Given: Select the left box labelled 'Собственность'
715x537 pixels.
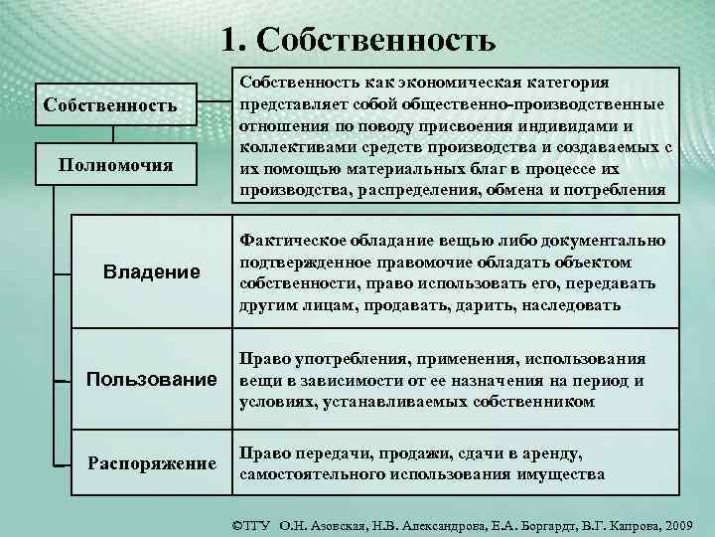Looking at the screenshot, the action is (x=107, y=104).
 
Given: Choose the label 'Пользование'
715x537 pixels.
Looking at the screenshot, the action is (x=151, y=379).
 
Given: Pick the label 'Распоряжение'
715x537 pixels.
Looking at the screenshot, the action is (x=151, y=462).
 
